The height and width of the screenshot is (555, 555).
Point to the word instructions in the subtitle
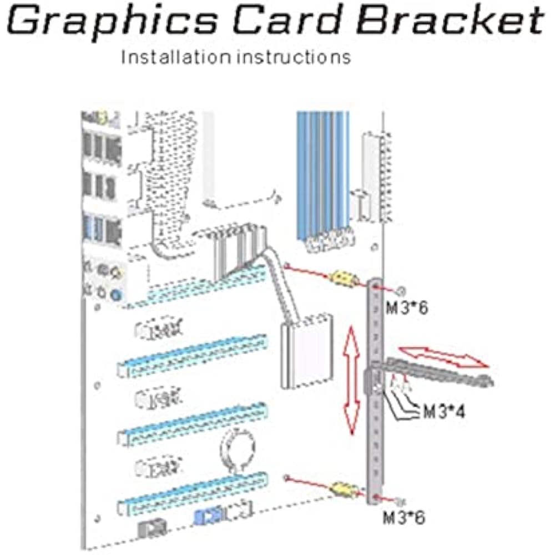[294, 57]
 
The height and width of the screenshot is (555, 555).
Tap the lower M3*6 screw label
[404, 517]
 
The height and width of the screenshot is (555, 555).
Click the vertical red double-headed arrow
[351, 380]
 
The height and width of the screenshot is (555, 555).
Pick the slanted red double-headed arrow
[444, 356]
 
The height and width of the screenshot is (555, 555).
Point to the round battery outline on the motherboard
[237, 448]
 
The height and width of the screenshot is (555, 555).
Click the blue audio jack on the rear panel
[115, 295]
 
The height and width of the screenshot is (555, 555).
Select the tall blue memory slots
[322, 172]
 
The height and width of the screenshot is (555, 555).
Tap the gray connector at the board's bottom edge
[148, 527]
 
